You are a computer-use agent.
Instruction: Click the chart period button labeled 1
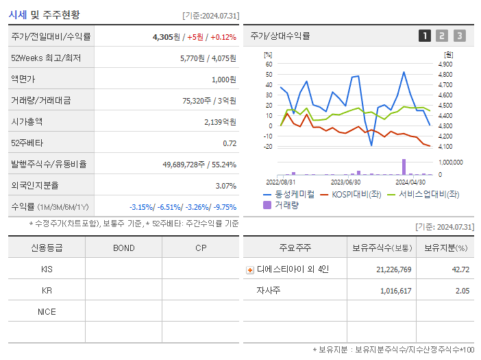(425, 36)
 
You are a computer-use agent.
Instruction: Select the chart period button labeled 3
(459, 36)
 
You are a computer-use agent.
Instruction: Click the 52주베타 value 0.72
(230, 143)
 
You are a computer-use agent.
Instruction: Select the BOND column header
(123, 248)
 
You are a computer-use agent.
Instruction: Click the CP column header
(201, 248)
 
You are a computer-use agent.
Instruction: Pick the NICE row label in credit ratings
(47, 311)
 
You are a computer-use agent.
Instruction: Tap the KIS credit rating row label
(47, 269)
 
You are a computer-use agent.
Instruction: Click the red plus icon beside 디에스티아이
(250, 269)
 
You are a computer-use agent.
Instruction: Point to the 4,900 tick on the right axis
(445, 64)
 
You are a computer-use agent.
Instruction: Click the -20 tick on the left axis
(268, 146)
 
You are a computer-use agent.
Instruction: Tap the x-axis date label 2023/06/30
(345, 182)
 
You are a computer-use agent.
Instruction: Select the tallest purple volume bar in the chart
(404, 167)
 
